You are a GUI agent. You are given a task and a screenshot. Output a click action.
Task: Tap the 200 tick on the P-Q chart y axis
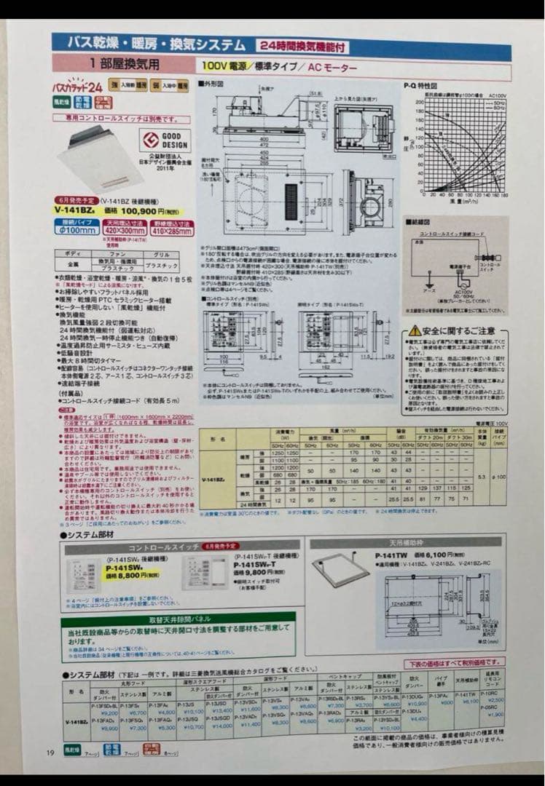(x=419, y=102)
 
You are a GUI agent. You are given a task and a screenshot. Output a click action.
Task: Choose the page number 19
(x=50, y=753)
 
